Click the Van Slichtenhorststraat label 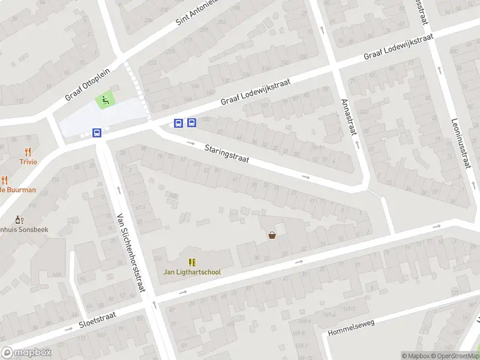point(131,252)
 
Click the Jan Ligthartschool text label point(192,272)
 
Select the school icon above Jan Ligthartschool point(192,262)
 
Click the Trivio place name point(28,162)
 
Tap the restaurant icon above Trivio point(28,152)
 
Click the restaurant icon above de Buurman point(4,179)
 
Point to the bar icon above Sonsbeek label point(19,220)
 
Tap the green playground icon point(106,100)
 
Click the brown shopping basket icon point(272,235)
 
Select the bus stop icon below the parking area point(97,133)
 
